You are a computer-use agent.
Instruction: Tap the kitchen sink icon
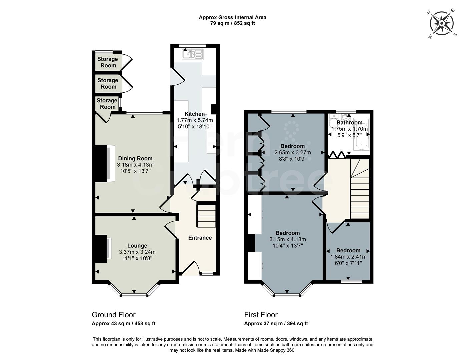tap(192, 54)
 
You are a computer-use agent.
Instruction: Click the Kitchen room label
tap(195, 114)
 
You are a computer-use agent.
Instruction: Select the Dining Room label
tap(135, 159)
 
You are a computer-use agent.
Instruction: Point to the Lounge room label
tap(137, 246)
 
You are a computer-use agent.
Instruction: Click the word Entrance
tap(200, 238)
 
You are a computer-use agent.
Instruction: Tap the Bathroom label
tap(349, 123)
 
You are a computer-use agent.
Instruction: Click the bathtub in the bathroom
tap(361, 136)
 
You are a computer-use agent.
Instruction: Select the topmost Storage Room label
tap(108, 62)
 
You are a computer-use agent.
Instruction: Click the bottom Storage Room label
tap(107, 104)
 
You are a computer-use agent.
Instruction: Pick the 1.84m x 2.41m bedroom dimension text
tap(348, 257)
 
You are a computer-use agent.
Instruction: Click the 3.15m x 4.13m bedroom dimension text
tap(287, 239)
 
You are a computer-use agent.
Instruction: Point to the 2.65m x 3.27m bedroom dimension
tap(292, 152)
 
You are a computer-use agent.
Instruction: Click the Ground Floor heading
tap(113, 315)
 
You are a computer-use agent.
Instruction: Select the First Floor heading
tap(261, 315)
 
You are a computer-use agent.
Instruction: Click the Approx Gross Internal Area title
tap(232, 17)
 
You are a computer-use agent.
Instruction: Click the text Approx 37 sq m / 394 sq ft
tap(276, 323)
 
